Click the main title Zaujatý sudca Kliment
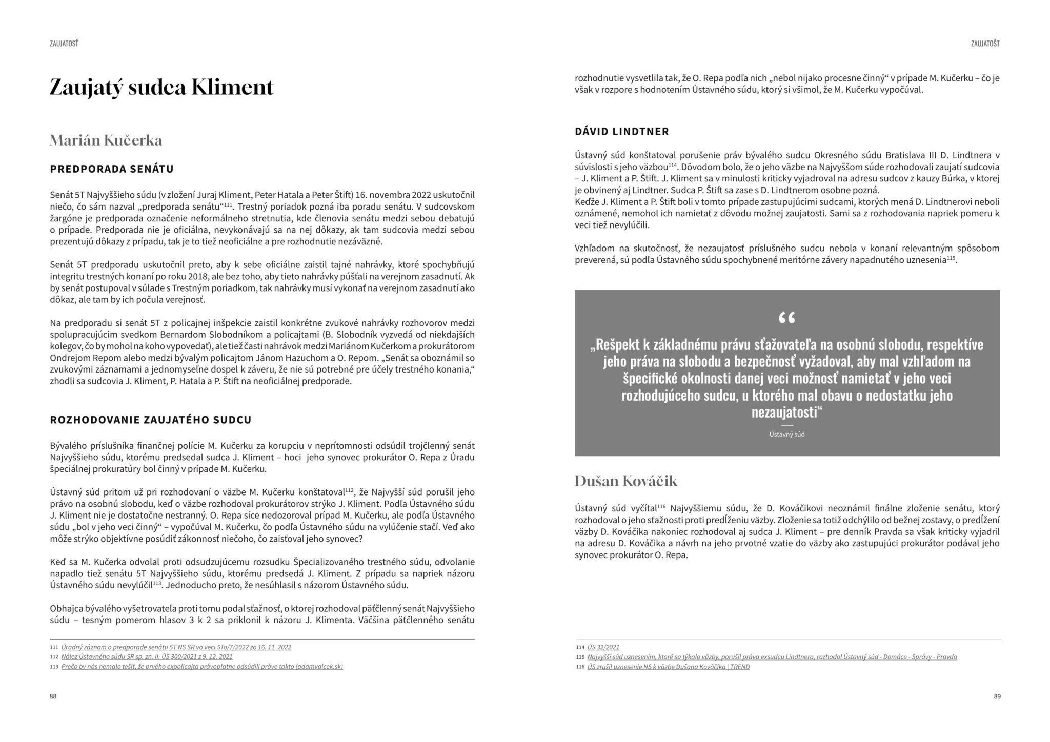[161, 87]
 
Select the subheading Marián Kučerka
[106, 140]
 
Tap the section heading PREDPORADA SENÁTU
[112, 169]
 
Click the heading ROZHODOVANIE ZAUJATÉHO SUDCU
[151, 420]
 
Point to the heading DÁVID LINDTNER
[622, 131]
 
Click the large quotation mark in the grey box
[786, 319]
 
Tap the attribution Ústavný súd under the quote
[787, 434]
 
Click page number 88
[53, 696]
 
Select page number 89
[997, 696]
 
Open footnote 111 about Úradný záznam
[176, 647]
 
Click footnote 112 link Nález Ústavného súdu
[147, 656]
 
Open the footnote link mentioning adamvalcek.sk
[202, 666]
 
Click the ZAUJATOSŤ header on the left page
[64, 44]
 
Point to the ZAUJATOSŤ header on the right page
[985, 44]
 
